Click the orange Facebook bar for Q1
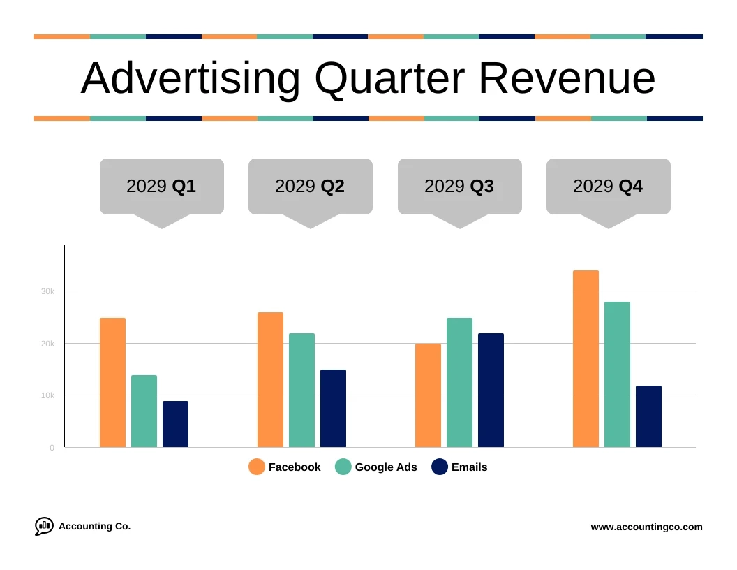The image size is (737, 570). click(112, 383)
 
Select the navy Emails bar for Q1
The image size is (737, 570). click(175, 424)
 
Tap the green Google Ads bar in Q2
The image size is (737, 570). click(301, 390)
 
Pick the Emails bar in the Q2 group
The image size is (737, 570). click(333, 409)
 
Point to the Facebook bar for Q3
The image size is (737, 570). click(428, 395)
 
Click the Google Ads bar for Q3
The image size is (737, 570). click(459, 383)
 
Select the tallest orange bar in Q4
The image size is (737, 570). click(586, 359)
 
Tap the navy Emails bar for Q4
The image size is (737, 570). click(648, 416)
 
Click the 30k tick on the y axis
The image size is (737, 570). click(47, 291)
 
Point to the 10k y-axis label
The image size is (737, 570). click(47, 395)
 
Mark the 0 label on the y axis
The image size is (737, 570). click(52, 448)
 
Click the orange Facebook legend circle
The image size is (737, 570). click(257, 467)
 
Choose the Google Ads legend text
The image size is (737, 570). click(385, 467)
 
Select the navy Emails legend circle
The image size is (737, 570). click(440, 467)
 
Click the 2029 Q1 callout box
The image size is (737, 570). click(161, 186)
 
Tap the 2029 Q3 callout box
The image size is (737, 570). click(459, 186)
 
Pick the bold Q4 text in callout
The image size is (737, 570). click(630, 187)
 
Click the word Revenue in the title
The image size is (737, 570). click(567, 78)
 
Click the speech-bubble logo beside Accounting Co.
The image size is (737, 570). click(44, 526)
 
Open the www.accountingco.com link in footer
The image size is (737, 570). click(646, 527)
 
